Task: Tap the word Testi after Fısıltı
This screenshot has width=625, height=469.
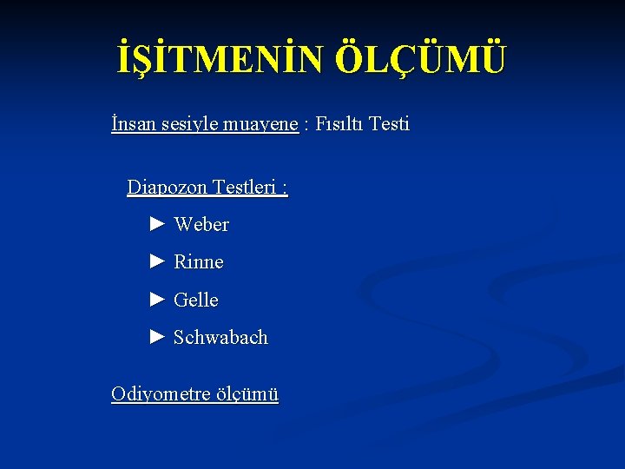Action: (x=389, y=124)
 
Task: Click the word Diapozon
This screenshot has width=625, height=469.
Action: (x=165, y=187)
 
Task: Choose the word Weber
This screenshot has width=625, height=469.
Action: (x=201, y=225)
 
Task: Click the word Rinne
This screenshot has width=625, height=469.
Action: (x=199, y=262)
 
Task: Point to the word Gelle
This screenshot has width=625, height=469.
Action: (x=196, y=301)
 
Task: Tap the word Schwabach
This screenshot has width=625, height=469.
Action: (x=220, y=338)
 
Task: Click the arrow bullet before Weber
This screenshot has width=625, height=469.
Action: (x=157, y=224)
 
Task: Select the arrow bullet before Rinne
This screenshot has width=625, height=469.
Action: (x=157, y=261)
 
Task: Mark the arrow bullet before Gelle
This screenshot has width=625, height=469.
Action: (x=157, y=300)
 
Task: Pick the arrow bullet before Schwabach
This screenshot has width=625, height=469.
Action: (x=157, y=337)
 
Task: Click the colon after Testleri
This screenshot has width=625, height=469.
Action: (x=286, y=188)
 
